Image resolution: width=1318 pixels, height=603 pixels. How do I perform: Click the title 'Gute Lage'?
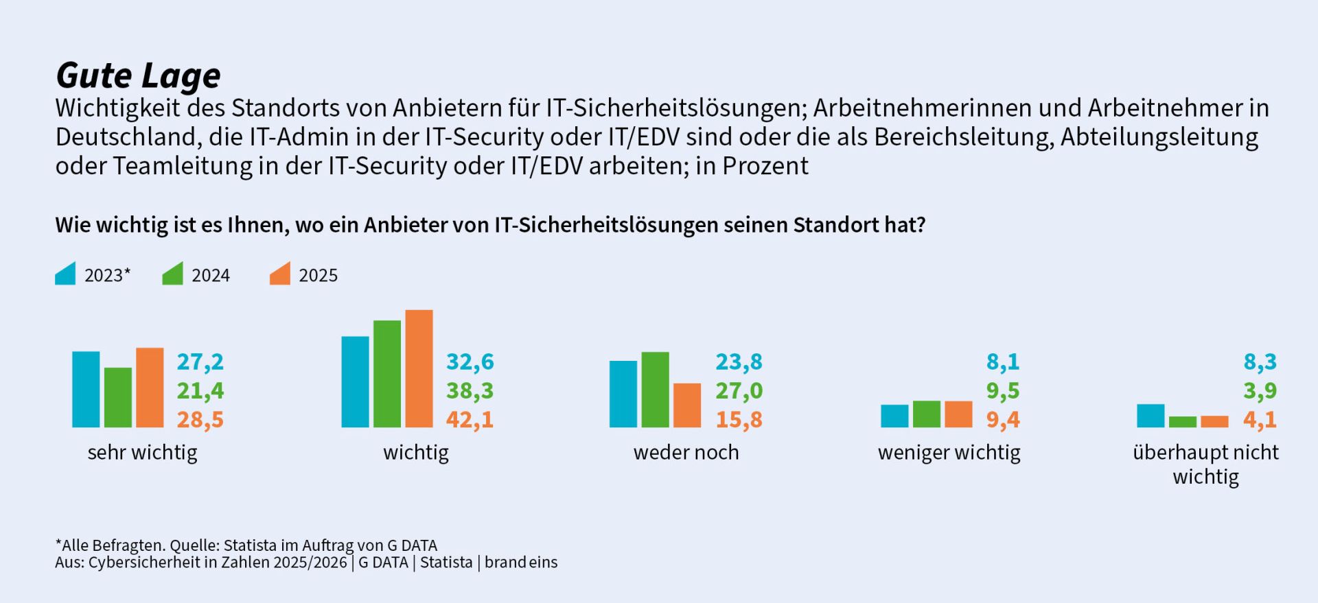point(138,75)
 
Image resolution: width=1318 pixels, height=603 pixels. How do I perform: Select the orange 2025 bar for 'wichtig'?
point(419,369)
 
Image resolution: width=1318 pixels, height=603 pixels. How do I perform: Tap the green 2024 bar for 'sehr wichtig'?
point(118,398)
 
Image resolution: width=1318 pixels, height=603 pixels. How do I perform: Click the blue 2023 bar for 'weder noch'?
point(623,394)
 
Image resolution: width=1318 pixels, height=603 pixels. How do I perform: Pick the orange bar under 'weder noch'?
point(686,405)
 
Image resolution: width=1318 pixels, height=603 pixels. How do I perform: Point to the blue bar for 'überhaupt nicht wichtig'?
point(1151,416)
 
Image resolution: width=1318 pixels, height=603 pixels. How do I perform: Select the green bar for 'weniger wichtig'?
point(927,414)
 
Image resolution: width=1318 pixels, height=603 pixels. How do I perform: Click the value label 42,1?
point(470,419)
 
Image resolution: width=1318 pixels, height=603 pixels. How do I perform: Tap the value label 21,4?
point(200,390)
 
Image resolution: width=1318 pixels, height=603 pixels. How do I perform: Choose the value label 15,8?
point(739,419)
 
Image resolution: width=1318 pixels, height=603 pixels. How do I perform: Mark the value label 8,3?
point(1260,362)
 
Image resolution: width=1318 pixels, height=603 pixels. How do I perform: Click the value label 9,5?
point(1003,390)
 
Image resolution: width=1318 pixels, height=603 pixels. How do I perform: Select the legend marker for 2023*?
point(66,274)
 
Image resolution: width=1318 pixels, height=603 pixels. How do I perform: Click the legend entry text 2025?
point(318,275)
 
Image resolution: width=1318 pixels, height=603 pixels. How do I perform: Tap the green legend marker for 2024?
point(173,274)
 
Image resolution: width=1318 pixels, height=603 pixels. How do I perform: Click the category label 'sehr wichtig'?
point(142,453)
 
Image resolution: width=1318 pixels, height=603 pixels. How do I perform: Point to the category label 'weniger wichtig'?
point(949,453)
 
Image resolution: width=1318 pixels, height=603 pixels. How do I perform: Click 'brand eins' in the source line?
point(521,563)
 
